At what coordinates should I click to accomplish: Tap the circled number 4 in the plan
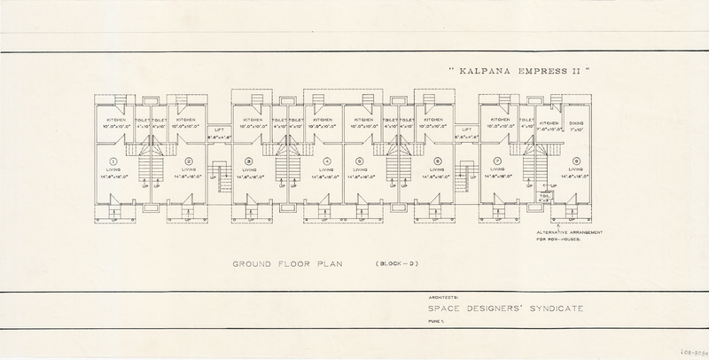(326, 161)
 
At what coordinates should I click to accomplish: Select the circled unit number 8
(577, 161)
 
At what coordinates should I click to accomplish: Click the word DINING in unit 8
(576, 124)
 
